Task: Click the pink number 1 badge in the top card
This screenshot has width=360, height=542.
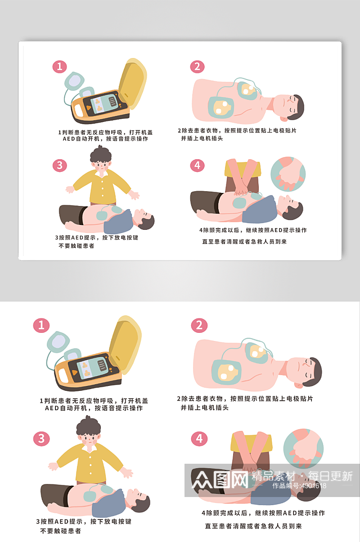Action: pyautogui.click(x=59, y=67)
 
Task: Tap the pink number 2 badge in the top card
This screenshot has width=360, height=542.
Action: pyautogui.click(x=197, y=67)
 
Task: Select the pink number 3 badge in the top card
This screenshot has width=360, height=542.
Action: pyautogui.click(x=59, y=165)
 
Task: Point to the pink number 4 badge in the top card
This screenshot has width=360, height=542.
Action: pyautogui.click(x=197, y=165)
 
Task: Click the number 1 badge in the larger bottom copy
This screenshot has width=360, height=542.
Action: pyautogui.click(x=41, y=325)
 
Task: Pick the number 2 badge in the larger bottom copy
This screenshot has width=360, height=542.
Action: pyautogui.click(x=199, y=325)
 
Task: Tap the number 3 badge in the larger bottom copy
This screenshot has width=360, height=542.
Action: pyautogui.click(x=41, y=438)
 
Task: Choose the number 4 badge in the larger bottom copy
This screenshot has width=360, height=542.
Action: pyautogui.click(x=199, y=438)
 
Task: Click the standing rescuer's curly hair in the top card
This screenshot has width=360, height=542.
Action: pyautogui.click(x=101, y=154)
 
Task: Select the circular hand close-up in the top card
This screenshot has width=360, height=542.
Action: pyautogui.click(x=288, y=174)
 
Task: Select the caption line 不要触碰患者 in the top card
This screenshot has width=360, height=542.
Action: pyautogui.click(x=76, y=246)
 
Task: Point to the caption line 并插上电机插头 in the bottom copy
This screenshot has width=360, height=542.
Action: pyautogui.click(x=205, y=408)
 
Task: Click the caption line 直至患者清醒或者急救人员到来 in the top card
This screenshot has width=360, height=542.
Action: pyautogui.click(x=244, y=242)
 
